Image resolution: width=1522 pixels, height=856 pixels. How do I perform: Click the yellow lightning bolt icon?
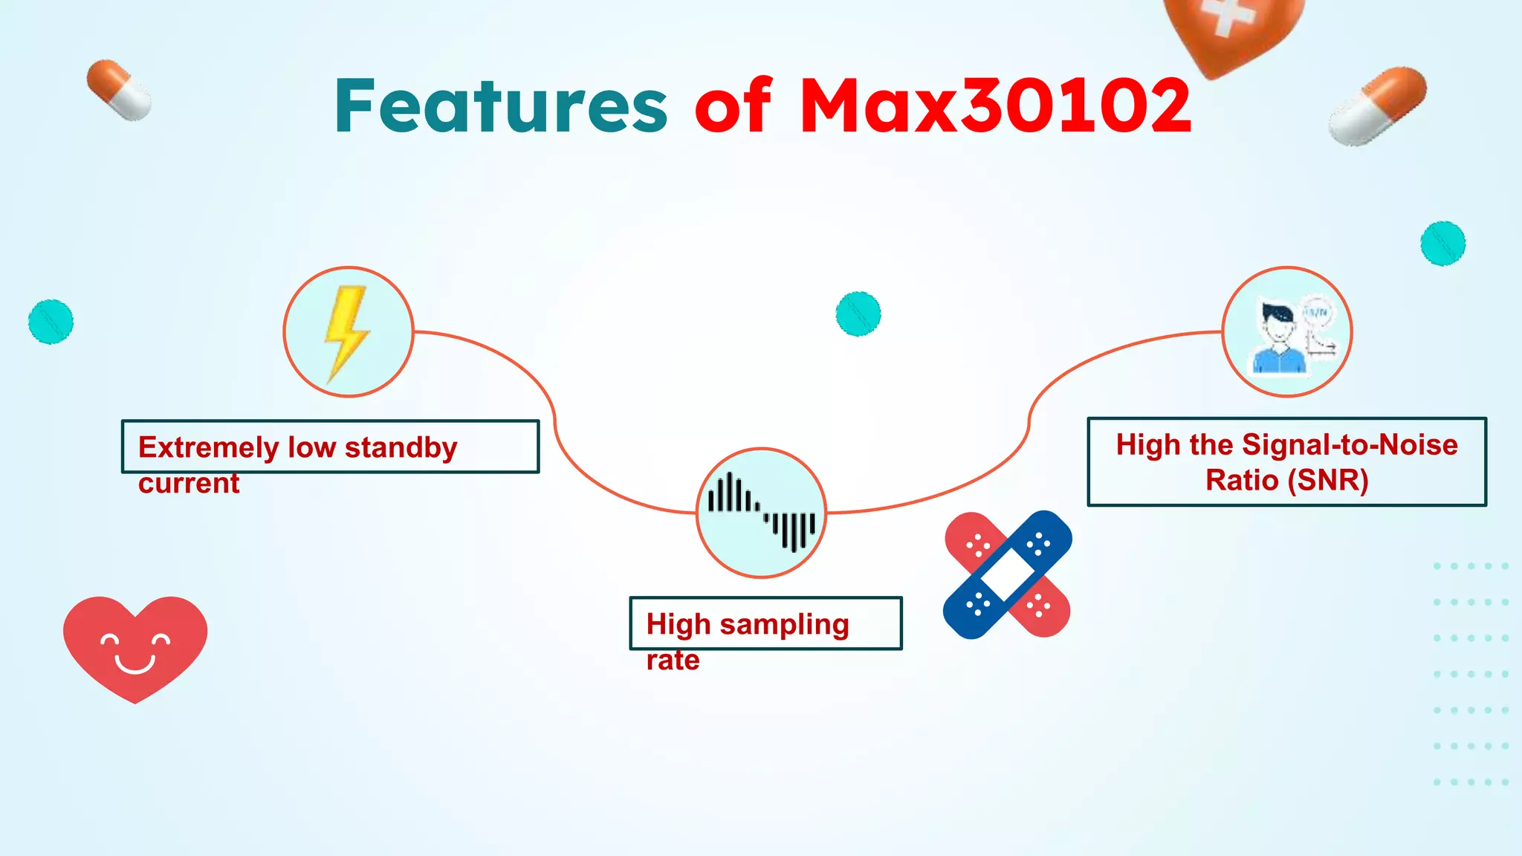pyautogui.click(x=346, y=332)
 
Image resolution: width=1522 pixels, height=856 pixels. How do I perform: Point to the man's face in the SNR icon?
pyautogui.click(x=1277, y=325)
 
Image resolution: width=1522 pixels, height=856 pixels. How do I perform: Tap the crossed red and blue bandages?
pyautogui.click(x=1008, y=574)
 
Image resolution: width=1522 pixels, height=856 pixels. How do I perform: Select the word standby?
pyautogui.click(x=401, y=447)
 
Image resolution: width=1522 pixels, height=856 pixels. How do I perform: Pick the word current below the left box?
pyautogui.click(x=189, y=483)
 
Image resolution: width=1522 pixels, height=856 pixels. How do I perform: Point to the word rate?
pyautogui.click(x=673, y=660)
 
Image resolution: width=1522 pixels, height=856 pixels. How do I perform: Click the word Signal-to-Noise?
pyautogui.click(x=1350, y=444)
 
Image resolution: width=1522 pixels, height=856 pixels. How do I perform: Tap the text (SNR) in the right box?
pyautogui.click(x=1328, y=480)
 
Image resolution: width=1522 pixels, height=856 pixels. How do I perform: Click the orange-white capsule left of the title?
pyautogui.click(x=119, y=90)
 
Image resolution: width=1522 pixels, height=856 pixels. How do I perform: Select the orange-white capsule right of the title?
pyautogui.click(x=1377, y=106)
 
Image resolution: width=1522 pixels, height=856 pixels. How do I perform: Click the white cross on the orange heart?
pyautogui.click(x=1227, y=16)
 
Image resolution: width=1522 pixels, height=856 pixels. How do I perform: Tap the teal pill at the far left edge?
pyautogui.click(x=51, y=322)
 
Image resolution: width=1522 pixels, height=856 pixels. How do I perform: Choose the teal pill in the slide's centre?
pyautogui.click(x=858, y=314)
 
